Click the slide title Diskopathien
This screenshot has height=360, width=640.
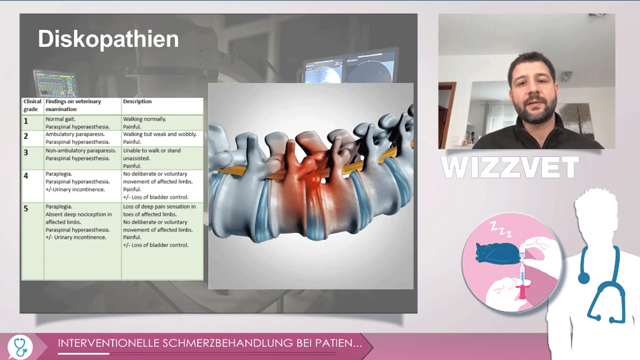coord(108,39)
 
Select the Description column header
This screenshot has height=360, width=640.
coord(137,102)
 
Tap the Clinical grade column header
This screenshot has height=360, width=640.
coord(32,106)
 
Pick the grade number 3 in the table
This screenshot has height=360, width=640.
coord(26,152)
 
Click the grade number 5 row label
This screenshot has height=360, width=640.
coord(26,208)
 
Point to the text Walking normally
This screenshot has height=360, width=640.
coord(145,119)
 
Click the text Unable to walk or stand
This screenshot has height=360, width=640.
coord(152,151)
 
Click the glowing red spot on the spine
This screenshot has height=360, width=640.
coord(314,179)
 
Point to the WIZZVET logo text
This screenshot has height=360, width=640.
coord(510,167)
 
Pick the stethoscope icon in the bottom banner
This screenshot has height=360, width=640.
coord(20,347)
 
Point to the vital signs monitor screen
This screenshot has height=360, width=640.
coord(55,84)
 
